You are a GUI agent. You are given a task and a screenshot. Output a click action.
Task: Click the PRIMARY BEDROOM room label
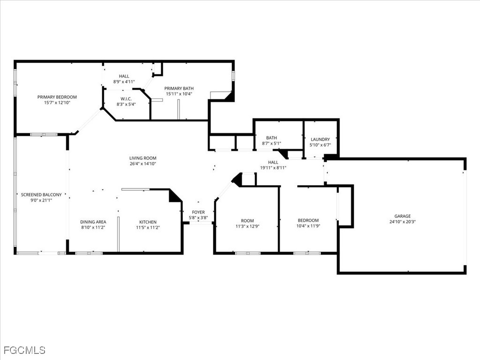tap(57, 97)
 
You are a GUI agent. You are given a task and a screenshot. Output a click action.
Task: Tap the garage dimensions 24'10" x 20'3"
tap(402, 222)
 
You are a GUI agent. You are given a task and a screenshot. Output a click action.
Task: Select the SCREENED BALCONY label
tap(41, 195)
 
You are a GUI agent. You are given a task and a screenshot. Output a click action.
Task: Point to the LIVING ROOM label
tap(143, 158)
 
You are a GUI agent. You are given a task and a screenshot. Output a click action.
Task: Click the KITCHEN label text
tap(148, 222)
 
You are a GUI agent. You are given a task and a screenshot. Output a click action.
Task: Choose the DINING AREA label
tap(93, 222)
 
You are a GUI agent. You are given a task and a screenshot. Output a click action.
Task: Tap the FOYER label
tap(198, 212)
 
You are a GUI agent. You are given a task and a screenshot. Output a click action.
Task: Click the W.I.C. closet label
tap(126, 98)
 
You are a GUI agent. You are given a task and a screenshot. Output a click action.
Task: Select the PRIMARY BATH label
tap(179, 88)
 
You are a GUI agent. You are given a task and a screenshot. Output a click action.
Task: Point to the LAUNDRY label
tap(320, 139)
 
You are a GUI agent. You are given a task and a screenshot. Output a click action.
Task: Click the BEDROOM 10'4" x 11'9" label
tap(308, 220)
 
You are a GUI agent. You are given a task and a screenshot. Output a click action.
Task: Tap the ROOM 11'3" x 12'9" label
tap(247, 220)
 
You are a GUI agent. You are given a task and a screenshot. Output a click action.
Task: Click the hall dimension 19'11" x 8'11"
tap(273, 168)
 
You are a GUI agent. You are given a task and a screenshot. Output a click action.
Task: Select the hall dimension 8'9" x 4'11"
tap(124, 82)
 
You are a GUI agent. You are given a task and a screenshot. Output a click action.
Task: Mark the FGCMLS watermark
tap(24, 350)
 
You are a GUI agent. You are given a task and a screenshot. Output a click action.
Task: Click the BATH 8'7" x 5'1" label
tap(271, 138)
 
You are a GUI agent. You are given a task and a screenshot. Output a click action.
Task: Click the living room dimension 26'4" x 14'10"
tap(143, 164)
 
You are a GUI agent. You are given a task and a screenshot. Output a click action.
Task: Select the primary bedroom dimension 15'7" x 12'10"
tap(57, 103)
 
